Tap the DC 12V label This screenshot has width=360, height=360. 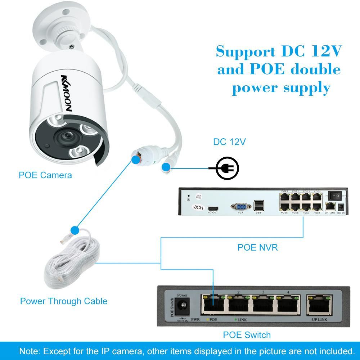pyautogui.click(x=229, y=142)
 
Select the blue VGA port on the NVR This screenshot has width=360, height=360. pyautogui.click(x=240, y=207)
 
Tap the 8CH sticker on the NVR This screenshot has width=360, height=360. pyautogui.click(x=198, y=207)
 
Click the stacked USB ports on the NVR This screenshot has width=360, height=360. pyautogui.click(x=258, y=206)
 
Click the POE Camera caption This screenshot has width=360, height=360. pyautogui.click(x=45, y=175)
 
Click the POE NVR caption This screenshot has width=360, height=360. pyautogui.click(x=257, y=247)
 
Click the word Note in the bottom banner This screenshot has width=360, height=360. pyautogui.click(x=30, y=351)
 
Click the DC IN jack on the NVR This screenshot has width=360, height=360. pyautogui.click(x=341, y=207)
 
